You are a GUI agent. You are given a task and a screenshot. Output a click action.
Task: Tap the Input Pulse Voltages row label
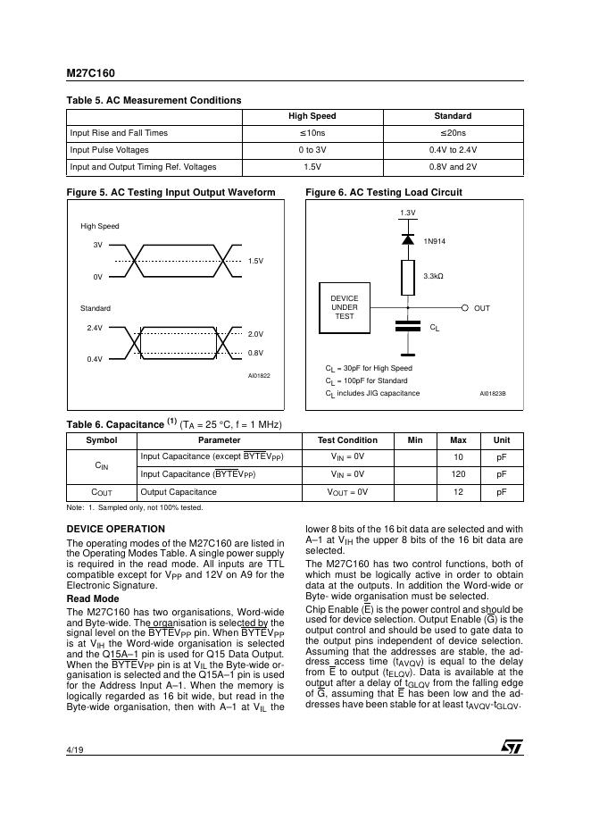coord(109,150)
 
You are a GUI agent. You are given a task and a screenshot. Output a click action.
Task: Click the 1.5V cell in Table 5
coord(312,167)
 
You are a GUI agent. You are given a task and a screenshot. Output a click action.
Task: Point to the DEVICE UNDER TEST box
coord(344,307)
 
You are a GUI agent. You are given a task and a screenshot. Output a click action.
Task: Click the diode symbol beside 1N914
coord(408,239)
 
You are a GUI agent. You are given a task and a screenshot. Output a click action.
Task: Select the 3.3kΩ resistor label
coord(433,276)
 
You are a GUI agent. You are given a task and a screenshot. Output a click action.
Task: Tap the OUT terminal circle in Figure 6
coord(465,307)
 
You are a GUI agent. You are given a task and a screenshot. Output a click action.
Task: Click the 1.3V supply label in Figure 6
coord(407,213)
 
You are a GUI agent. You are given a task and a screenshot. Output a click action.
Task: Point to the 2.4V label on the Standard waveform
coord(94,328)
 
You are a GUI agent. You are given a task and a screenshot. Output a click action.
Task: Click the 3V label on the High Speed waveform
coord(97,245)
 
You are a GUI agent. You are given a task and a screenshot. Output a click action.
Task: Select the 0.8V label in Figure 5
coord(254,353)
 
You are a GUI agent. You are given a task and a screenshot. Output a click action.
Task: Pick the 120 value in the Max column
coord(458,474)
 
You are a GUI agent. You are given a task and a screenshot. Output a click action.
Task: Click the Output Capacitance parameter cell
coord(179,492)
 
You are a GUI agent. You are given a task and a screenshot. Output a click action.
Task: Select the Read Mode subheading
coord(93,598)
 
